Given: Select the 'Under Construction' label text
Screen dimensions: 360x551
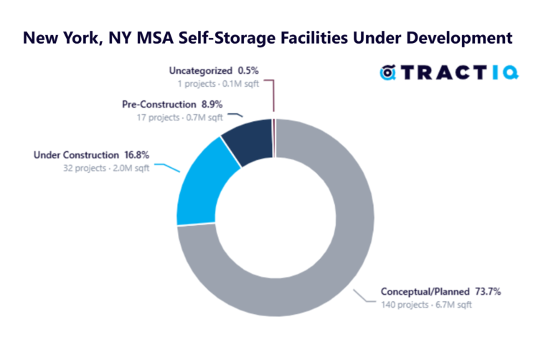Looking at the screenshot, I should (x=76, y=154).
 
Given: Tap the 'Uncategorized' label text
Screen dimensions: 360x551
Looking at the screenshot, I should (x=200, y=70).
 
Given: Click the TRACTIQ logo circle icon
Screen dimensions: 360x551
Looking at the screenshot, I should (x=389, y=72).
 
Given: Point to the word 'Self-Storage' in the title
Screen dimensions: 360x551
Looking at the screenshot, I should (x=243, y=37).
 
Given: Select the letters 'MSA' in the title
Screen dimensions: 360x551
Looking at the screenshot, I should (x=161, y=37).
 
